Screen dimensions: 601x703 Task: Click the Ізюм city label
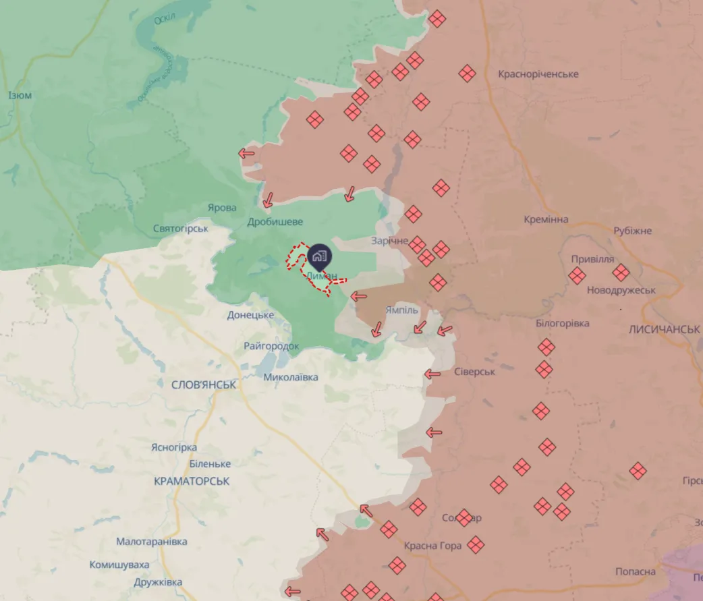pyautogui.click(x=20, y=95)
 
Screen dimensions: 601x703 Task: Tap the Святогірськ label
pyautogui.click(x=181, y=229)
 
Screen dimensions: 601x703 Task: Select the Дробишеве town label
pyautogui.click(x=275, y=221)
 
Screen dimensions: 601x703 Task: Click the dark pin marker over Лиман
pyautogui.click(x=319, y=257)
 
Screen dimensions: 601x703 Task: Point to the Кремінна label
pyautogui.click(x=546, y=219)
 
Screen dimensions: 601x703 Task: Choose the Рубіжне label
pyautogui.click(x=632, y=231)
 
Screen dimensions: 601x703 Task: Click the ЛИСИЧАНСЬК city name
pyautogui.click(x=664, y=329)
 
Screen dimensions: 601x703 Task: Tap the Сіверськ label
pyautogui.click(x=475, y=372)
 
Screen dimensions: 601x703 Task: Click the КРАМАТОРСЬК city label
pyautogui.click(x=192, y=481)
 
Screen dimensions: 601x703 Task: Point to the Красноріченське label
pyautogui.click(x=538, y=74)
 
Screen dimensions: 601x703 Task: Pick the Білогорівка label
pyautogui.click(x=562, y=323)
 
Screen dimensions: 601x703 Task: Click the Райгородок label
pyautogui.click(x=271, y=346)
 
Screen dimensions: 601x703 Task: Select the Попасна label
pyautogui.click(x=635, y=571)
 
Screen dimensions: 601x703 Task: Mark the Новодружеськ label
pyautogui.click(x=621, y=290)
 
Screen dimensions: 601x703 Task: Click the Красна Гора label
pyautogui.click(x=433, y=545)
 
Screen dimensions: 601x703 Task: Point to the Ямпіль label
pyautogui.click(x=402, y=310)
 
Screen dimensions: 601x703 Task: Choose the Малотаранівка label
pyautogui.click(x=152, y=542)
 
